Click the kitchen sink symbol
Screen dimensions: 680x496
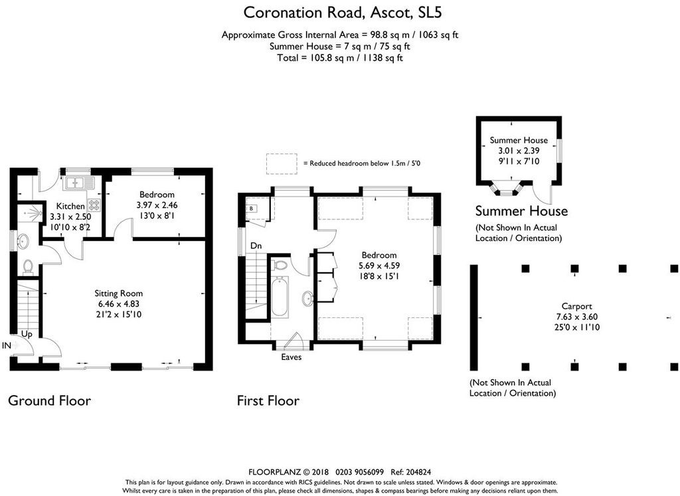(78, 183)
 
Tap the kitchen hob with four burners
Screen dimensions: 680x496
(94, 205)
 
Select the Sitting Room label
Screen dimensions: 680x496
(118, 293)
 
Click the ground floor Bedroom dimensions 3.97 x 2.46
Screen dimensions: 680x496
(157, 205)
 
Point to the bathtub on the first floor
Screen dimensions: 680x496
(280, 297)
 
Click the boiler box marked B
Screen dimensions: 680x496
(252, 208)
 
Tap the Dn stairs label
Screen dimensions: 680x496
(256, 246)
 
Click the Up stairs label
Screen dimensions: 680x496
(27, 334)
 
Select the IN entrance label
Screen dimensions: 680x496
(7, 345)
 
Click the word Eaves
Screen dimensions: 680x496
(291, 357)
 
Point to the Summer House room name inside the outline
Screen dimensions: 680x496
(519, 140)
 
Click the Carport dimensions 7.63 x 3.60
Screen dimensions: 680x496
(577, 317)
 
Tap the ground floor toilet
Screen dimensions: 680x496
(28, 267)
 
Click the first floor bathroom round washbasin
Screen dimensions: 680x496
(308, 298)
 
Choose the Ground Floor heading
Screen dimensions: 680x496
(49, 400)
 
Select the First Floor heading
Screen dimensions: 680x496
(268, 400)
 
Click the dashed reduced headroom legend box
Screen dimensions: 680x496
(282, 164)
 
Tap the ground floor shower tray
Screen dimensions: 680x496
(29, 212)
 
